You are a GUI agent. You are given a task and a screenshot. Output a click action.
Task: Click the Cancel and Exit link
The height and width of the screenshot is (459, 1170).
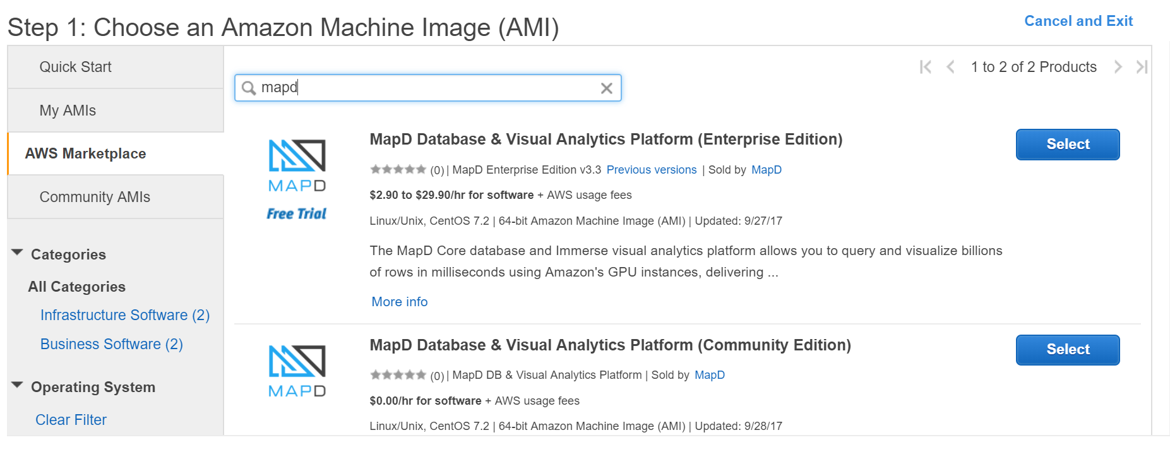click(1078, 21)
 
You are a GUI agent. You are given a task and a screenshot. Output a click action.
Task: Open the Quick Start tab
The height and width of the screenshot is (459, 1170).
click(75, 67)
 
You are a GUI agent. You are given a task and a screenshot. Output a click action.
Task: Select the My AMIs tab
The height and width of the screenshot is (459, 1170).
click(68, 110)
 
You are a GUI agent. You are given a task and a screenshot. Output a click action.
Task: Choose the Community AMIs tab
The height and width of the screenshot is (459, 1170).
click(95, 197)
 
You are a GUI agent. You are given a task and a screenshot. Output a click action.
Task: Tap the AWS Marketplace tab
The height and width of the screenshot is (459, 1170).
click(85, 153)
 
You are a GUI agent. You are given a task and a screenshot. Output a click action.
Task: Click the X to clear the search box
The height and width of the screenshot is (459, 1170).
click(606, 88)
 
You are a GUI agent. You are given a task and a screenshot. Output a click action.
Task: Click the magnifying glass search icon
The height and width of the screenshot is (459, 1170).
click(249, 88)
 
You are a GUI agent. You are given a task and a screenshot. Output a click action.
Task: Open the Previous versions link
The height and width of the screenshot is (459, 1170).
click(651, 170)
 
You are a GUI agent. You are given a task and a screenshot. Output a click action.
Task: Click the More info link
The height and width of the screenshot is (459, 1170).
click(399, 302)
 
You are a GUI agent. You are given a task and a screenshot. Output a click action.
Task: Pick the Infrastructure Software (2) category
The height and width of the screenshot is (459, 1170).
click(124, 315)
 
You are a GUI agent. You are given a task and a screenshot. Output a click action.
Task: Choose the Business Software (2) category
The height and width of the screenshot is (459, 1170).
click(111, 344)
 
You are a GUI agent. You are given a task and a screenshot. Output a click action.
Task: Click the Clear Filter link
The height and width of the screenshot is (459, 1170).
click(71, 420)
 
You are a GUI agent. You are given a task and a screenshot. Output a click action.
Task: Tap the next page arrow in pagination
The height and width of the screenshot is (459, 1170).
click(1118, 67)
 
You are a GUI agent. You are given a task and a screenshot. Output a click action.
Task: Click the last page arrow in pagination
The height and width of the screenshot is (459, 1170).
click(1141, 67)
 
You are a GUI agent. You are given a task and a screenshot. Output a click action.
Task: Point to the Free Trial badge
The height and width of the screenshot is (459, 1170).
click(296, 214)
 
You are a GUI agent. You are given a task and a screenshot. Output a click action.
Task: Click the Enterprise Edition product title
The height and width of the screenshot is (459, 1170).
click(606, 140)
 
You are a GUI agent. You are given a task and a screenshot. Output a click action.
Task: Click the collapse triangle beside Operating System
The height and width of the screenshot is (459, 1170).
click(18, 385)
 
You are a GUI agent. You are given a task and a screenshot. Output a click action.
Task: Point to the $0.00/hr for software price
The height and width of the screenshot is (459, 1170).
click(425, 401)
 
